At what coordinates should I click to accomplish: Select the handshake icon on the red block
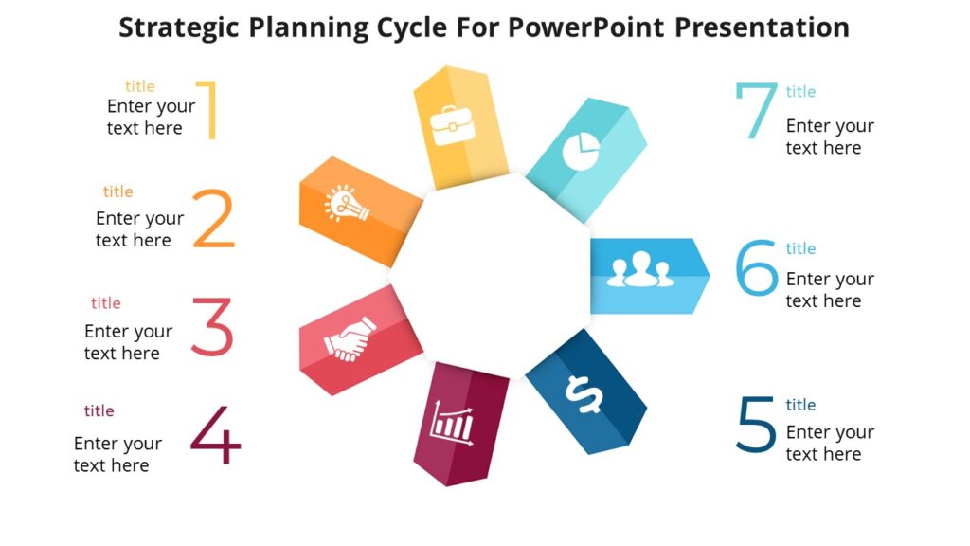(x=350, y=340)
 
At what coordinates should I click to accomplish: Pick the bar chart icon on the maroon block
(x=452, y=421)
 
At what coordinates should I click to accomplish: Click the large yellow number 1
(x=209, y=111)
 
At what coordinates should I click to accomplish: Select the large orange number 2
(x=214, y=220)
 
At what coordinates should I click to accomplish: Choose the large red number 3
(x=212, y=328)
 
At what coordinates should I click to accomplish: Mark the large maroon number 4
(x=216, y=435)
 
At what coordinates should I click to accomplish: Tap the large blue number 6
(x=757, y=268)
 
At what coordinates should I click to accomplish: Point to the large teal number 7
(x=755, y=111)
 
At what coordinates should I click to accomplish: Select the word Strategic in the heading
(x=178, y=27)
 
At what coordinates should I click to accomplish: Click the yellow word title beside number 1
(x=140, y=86)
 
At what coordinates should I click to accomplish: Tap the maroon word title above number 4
(x=99, y=410)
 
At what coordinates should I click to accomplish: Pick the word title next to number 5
(x=800, y=405)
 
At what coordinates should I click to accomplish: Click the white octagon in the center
(x=490, y=275)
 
